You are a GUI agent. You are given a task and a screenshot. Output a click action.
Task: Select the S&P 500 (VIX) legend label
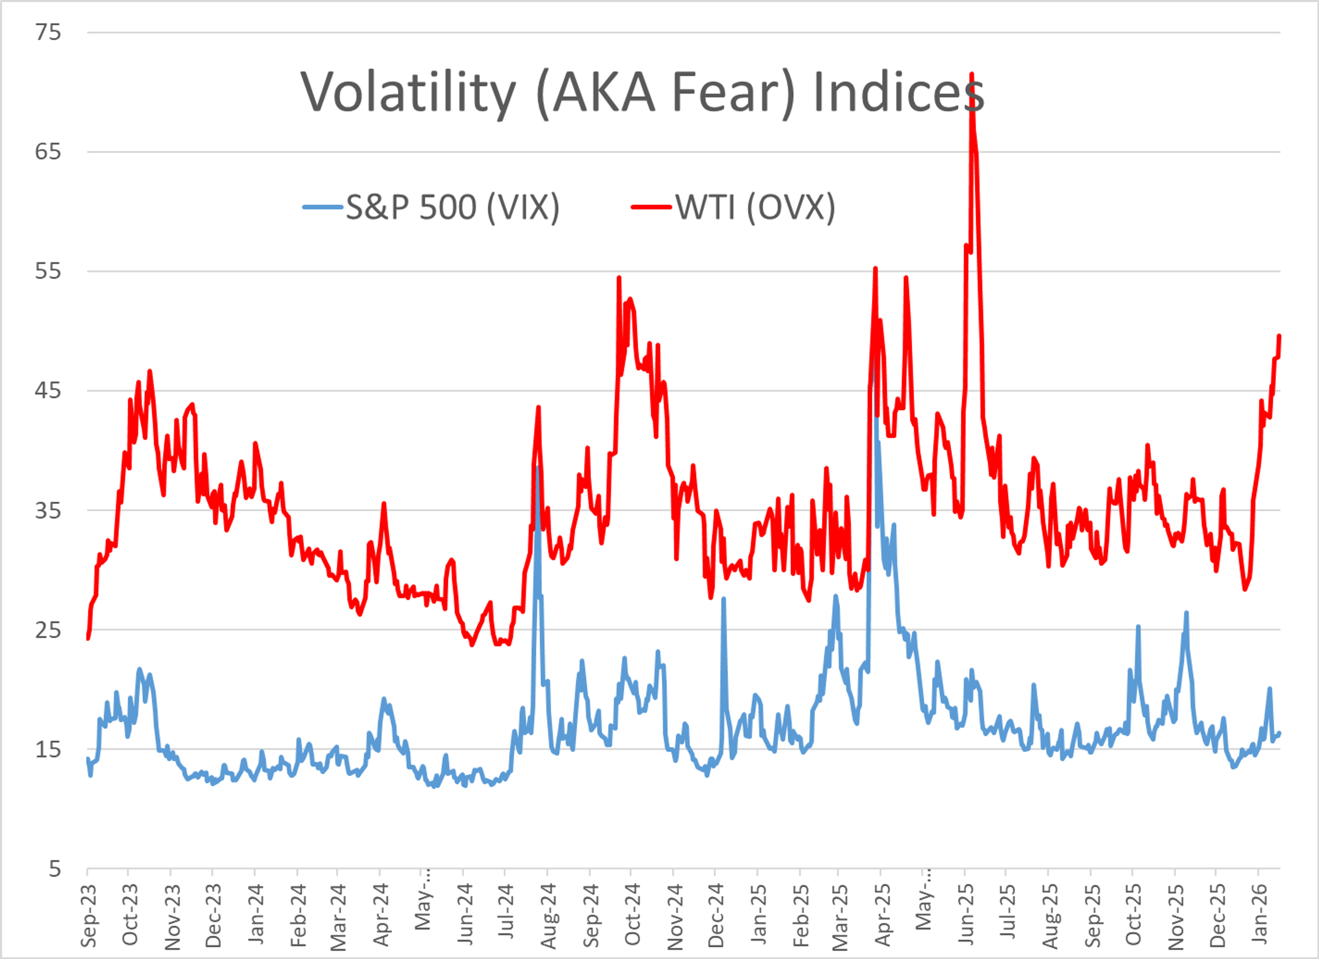[452, 207]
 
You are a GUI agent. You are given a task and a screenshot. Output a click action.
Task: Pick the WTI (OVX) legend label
[755, 207]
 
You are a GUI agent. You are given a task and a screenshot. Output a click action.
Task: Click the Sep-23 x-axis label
[88, 915]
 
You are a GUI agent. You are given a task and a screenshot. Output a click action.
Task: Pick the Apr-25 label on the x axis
[882, 915]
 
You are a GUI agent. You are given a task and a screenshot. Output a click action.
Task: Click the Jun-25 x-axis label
[966, 915]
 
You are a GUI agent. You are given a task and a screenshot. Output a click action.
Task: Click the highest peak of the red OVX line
[972, 75]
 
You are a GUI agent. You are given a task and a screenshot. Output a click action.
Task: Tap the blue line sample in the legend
[323, 207]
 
